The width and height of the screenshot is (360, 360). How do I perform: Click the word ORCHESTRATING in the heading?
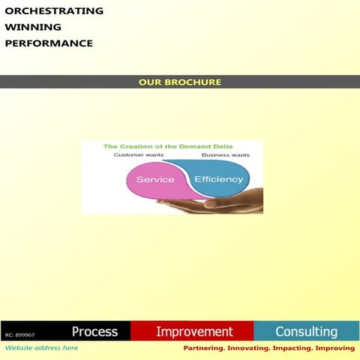[54, 11]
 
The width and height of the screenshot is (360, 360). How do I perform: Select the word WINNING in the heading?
[33, 27]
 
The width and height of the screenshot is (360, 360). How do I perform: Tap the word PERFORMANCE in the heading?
[49, 43]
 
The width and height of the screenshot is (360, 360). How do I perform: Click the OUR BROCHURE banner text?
[180, 82]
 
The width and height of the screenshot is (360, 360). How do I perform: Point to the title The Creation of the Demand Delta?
[168, 146]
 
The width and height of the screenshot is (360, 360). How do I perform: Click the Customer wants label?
[138, 154]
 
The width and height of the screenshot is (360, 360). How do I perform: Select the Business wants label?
[226, 154]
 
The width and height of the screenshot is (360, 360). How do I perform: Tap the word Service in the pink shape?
[154, 180]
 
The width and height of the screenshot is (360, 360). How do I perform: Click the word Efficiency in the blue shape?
[218, 179]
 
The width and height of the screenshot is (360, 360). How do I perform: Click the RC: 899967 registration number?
[20, 334]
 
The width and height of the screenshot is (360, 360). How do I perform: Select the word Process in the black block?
[94, 331]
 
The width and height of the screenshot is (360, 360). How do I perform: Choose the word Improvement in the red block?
[194, 331]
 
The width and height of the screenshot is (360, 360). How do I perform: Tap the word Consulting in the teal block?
[306, 331]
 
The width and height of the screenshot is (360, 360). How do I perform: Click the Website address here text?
[41, 348]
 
